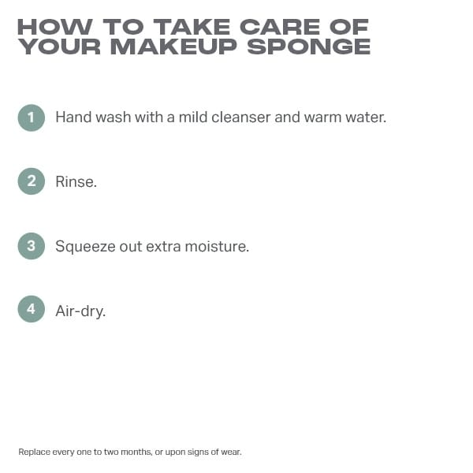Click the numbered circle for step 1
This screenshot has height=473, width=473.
click(x=32, y=117)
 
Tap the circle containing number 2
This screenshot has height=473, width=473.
click(x=32, y=181)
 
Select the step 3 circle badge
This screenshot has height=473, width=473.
click(x=32, y=246)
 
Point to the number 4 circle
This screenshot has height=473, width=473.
click(x=32, y=309)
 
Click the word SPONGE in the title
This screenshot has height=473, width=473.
click(x=308, y=47)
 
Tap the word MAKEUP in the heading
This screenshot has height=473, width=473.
click(x=173, y=47)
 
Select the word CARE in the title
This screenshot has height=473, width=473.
click(x=280, y=27)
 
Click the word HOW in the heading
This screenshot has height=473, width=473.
click(x=55, y=27)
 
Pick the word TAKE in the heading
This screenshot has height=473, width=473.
click(x=192, y=27)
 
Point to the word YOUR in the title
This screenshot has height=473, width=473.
click(x=59, y=47)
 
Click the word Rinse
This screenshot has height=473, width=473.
click(x=76, y=181)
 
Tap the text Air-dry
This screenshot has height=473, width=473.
click(x=80, y=311)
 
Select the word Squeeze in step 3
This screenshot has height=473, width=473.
click(x=85, y=247)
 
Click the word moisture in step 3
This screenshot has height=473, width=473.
click(x=217, y=247)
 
